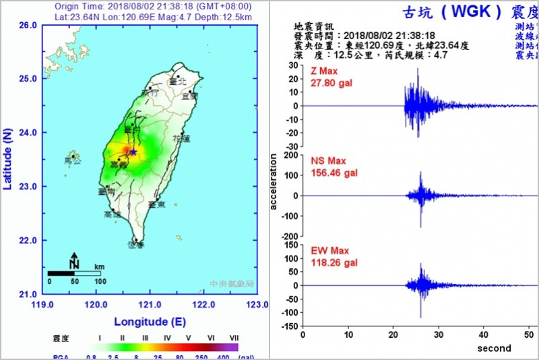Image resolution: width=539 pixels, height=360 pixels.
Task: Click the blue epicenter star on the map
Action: [133, 152]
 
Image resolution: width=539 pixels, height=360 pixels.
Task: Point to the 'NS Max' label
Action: [328, 161]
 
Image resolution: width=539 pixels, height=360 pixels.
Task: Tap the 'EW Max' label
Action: [329, 251]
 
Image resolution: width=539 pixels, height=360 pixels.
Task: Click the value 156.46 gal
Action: [334, 173]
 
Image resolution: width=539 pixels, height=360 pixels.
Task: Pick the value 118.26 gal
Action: [334, 263]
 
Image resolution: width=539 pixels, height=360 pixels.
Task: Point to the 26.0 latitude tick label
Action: [28, 25]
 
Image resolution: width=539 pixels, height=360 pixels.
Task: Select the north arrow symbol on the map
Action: [74, 262]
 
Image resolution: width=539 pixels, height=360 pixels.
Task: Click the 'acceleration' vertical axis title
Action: [274, 182]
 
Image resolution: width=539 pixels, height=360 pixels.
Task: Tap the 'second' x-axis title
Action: [494, 348]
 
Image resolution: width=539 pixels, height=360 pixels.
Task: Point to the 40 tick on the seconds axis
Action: [483, 335]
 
